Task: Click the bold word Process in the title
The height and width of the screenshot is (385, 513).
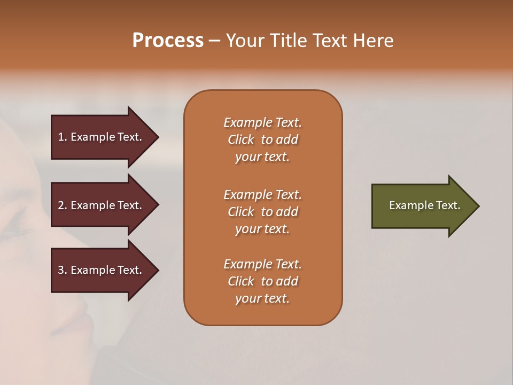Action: (x=168, y=41)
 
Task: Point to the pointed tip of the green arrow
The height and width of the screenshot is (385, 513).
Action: (x=477, y=206)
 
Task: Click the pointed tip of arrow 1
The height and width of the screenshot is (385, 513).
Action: (x=157, y=137)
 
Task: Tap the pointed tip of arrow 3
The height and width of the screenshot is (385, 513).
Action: (x=157, y=270)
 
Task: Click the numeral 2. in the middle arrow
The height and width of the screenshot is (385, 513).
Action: (x=63, y=205)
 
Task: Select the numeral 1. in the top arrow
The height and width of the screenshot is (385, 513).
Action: (x=63, y=137)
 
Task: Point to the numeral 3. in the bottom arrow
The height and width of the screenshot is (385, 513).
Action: (x=63, y=270)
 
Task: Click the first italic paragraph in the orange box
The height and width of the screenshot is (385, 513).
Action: (x=262, y=140)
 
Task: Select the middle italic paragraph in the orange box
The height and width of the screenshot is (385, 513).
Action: (x=262, y=212)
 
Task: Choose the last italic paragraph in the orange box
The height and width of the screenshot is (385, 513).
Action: (x=262, y=281)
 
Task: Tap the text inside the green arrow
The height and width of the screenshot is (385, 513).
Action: (x=424, y=205)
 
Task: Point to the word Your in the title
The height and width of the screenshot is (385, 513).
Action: (x=244, y=41)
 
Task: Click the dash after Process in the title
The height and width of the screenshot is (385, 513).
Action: (x=214, y=41)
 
